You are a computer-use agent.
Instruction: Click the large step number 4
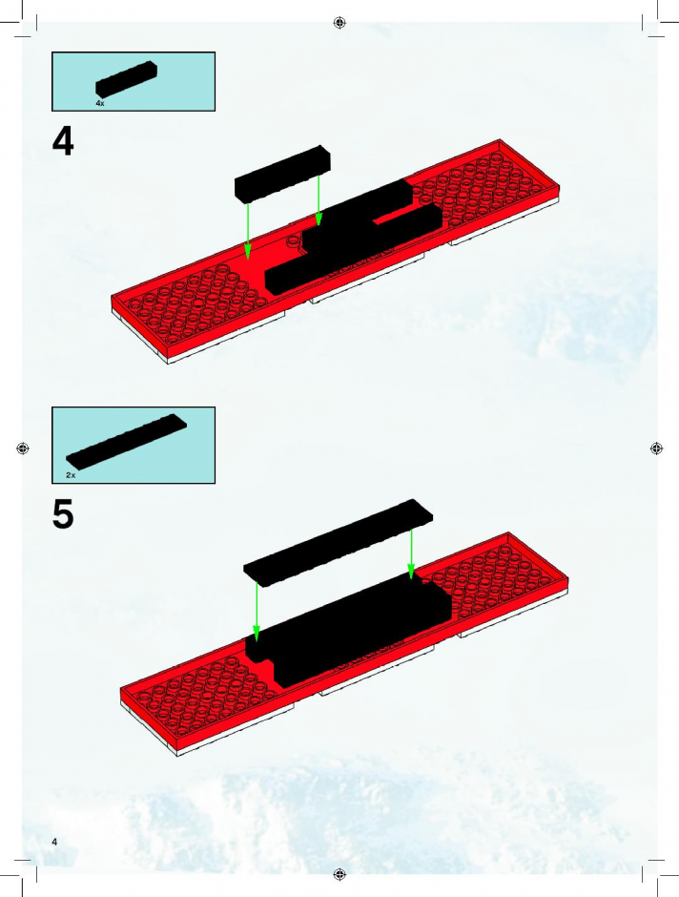point(63,142)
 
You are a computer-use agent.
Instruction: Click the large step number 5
point(63,515)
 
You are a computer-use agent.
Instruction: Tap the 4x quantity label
point(100,104)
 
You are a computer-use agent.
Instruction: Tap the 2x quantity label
point(71,475)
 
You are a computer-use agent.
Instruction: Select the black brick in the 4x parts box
point(126,79)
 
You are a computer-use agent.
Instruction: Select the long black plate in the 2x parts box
point(126,442)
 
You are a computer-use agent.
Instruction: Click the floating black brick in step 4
point(282,174)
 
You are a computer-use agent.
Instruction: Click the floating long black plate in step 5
point(338,543)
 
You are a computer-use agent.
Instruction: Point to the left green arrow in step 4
point(248,231)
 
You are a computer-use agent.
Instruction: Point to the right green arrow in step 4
point(319,200)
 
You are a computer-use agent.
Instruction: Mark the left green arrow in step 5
point(257,612)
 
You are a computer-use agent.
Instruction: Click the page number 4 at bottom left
point(54,842)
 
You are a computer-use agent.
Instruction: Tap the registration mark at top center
point(339,22)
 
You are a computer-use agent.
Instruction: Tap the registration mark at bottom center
point(339,874)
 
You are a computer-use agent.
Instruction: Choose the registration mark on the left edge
point(22,448)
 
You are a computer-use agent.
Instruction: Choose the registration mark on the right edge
point(657,448)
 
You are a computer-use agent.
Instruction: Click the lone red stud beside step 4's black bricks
point(293,240)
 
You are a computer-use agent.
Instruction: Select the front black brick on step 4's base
point(353,251)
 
